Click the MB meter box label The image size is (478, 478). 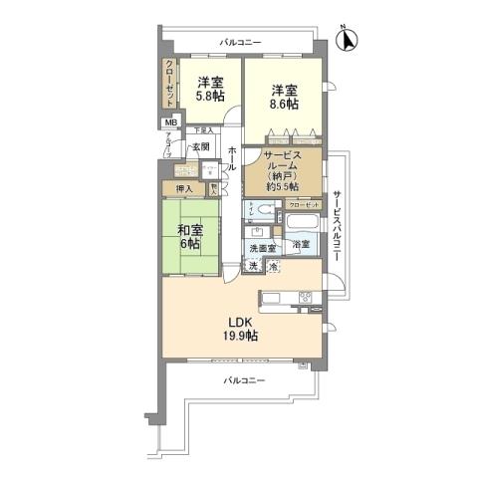point(170,124)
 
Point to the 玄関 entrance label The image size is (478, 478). point(201,146)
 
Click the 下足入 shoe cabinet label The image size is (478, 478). point(203,130)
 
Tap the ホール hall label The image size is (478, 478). point(232,157)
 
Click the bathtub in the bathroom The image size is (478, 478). point(302,220)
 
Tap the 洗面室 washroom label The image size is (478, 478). point(263,247)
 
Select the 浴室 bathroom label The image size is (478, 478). point(300,243)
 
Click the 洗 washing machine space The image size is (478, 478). point(254,267)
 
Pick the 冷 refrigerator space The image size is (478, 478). point(273,267)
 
